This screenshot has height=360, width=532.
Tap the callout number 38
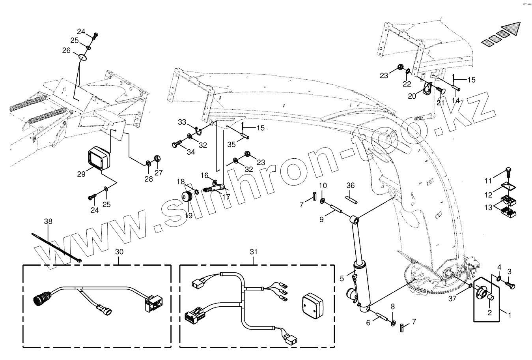[48, 222]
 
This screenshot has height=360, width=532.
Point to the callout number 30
[119, 251]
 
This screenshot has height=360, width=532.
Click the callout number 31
[253, 251]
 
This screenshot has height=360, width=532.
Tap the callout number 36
[350, 186]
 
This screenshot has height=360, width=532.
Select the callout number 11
[489, 181]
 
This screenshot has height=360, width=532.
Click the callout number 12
[489, 195]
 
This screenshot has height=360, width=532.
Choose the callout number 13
[489, 207]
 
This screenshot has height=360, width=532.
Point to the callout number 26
[66, 50]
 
